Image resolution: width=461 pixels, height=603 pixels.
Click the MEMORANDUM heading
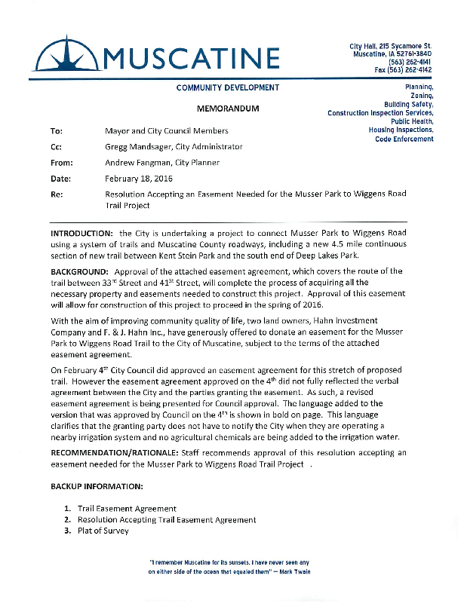(x=228, y=109)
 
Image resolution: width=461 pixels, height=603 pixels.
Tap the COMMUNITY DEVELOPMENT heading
(x=228, y=87)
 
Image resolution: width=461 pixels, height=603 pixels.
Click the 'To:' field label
(x=57, y=130)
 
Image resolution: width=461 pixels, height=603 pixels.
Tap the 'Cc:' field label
(x=57, y=146)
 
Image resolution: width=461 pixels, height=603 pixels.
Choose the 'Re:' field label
(x=57, y=194)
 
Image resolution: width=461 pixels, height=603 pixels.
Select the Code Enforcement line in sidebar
(x=404, y=139)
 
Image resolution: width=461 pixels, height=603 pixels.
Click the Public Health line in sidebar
(x=412, y=121)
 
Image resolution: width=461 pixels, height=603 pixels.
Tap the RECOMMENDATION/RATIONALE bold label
(x=113, y=452)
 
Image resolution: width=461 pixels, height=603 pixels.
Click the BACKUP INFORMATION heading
(x=96, y=486)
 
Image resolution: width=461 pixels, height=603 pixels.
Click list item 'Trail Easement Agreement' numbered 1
(x=127, y=509)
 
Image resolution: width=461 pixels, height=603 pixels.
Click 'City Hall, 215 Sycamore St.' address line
(x=391, y=47)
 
